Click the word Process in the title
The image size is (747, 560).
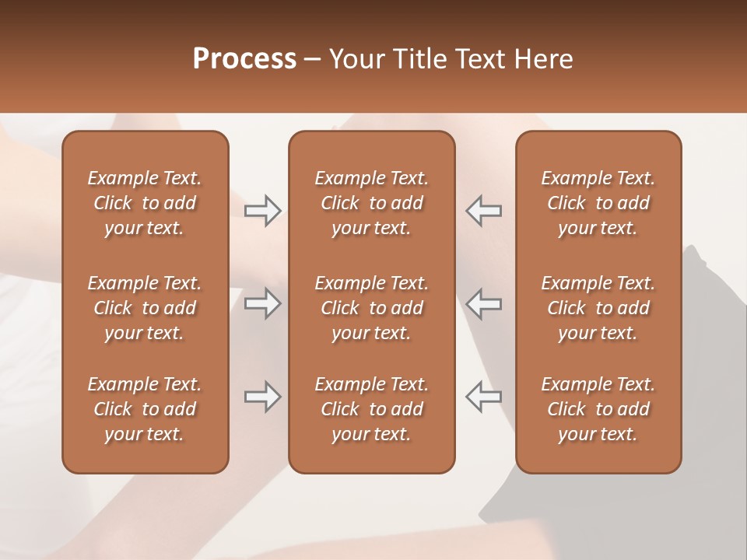pyautogui.click(x=244, y=59)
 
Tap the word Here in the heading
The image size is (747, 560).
pyautogui.click(x=543, y=59)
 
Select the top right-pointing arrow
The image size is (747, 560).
pyautogui.click(x=262, y=211)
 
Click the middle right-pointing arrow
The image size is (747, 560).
pyautogui.click(x=262, y=304)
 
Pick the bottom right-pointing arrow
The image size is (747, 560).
pyautogui.click(x=262, y=397)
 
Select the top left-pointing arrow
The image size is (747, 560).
pyautogui.click(x=484, y=211)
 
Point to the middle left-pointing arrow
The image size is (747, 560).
pyautogui.click(x=484, y=304)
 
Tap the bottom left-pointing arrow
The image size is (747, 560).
pyautogui.click(x=484, y=397)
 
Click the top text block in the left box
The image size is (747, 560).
pyautogui.click(x=145, y=203)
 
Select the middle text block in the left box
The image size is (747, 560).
pyautogui.click(x=145, y=308)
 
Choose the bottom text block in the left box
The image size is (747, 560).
pyautogui.click(x=145, y=409)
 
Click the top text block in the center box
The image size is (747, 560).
pyautogui.click(x=371, y=203)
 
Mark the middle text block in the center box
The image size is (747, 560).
pyautogui.click(x=371, y=308)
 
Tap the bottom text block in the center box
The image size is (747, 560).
pyautogui.click(x=371, y=409)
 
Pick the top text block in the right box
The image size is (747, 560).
pyautogui.click(x=598, y=203)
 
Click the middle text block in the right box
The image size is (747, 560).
pyautogui.click(x=598, y=308)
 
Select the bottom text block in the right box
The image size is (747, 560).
pyautogui.click(x=598, y=409)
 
